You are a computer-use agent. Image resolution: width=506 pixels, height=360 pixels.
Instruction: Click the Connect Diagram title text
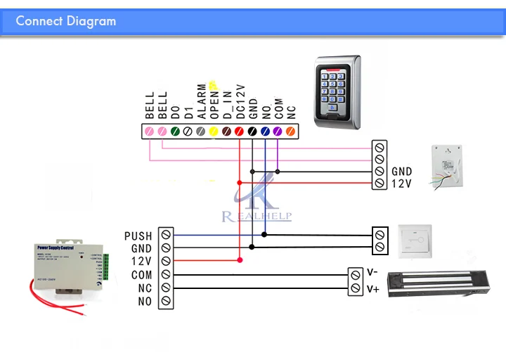(65, 20)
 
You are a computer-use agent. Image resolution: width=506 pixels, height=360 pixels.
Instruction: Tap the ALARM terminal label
(200, 103)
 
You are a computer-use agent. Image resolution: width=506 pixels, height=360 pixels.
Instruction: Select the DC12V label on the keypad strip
(240, 101)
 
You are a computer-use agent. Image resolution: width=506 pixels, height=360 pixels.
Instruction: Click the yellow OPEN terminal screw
(214, 131)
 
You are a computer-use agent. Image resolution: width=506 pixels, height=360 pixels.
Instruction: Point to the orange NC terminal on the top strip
(290, 131)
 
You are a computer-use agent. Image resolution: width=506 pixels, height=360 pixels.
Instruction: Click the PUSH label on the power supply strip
(138, 236)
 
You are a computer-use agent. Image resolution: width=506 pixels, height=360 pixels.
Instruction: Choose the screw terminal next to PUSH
(165, 236)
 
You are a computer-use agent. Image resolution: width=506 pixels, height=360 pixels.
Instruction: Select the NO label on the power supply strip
(144, 302)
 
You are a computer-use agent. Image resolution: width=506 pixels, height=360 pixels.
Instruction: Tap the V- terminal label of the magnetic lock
(373, 273)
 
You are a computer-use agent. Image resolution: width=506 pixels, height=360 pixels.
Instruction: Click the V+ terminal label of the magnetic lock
(373, 288)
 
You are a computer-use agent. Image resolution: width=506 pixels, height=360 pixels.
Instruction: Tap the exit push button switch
(414, 240)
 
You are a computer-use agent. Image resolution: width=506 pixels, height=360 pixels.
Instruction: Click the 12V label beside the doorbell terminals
(401, 184)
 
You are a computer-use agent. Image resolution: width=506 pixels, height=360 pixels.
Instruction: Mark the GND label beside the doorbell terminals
(402, 171)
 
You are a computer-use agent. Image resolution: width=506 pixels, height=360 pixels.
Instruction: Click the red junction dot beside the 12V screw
(240, 260)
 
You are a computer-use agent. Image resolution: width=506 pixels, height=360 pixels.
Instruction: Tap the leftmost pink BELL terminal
(148, 131)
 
